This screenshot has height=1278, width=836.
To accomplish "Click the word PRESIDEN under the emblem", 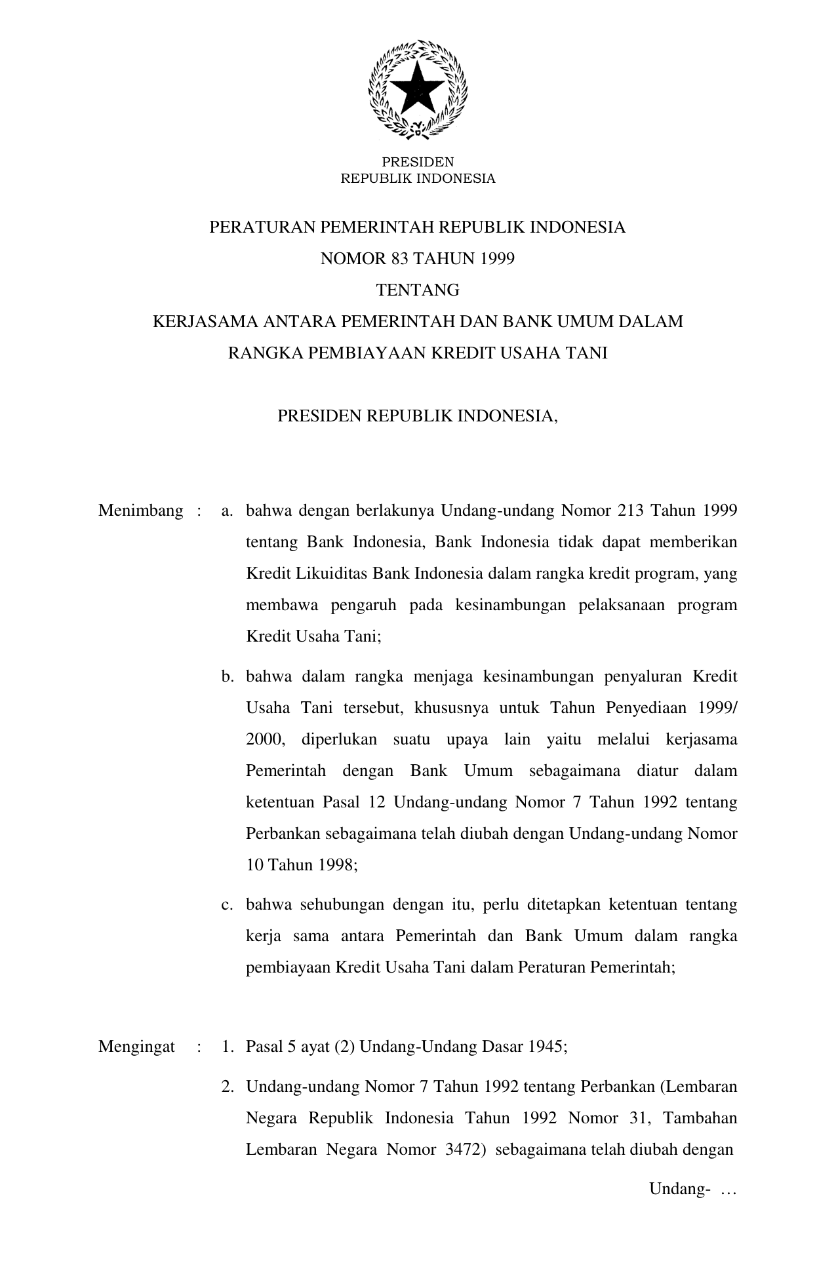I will coord(418,162).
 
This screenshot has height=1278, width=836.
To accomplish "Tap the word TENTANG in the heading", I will coord(418,290).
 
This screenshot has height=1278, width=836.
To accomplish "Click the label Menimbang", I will coord(140,511).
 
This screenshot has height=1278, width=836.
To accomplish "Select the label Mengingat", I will coord(136,1047).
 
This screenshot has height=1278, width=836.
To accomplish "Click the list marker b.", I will coord(227,676).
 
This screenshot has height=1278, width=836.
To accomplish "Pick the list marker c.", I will coord(227,905).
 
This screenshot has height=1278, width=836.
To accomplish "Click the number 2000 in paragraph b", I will coord(264,739).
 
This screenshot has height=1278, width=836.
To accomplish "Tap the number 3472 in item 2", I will coord(464,1149).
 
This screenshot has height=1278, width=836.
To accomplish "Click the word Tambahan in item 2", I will coord(700,1117).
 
